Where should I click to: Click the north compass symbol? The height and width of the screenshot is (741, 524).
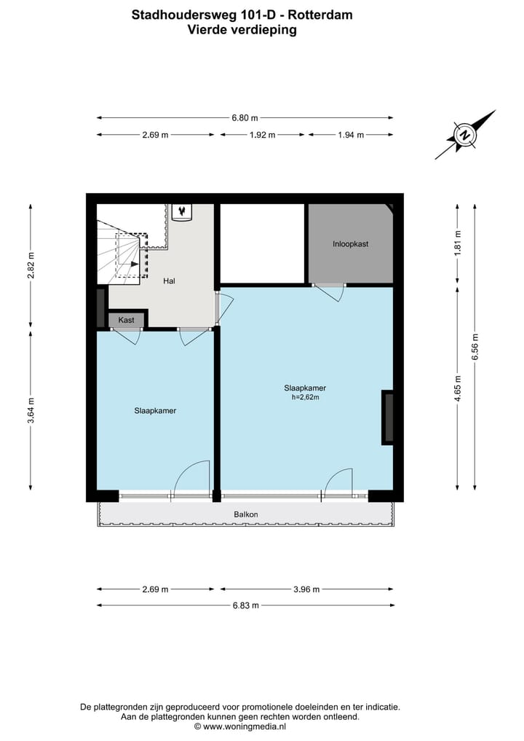coord(464,135)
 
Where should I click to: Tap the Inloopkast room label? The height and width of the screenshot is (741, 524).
coord(350,244)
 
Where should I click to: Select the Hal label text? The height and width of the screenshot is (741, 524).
coord(169,281)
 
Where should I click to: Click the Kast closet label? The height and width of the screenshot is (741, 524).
coord(126,320)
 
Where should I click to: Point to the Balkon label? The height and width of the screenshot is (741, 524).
coord(245,514)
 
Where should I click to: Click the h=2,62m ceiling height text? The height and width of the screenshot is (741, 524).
coord(305,398)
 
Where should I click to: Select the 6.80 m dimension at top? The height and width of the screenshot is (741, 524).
coord(245,117)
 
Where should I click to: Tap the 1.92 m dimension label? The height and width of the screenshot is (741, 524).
coord(262,135)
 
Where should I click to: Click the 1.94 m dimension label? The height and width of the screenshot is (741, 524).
coord(350,135)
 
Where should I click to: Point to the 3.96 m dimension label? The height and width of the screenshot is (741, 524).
coord(306,589)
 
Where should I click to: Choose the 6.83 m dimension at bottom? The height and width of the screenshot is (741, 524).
coord(245,605)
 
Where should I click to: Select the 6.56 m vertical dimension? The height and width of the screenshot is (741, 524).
coord(475,347)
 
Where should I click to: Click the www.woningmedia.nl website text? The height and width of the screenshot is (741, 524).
coord(245,726)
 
